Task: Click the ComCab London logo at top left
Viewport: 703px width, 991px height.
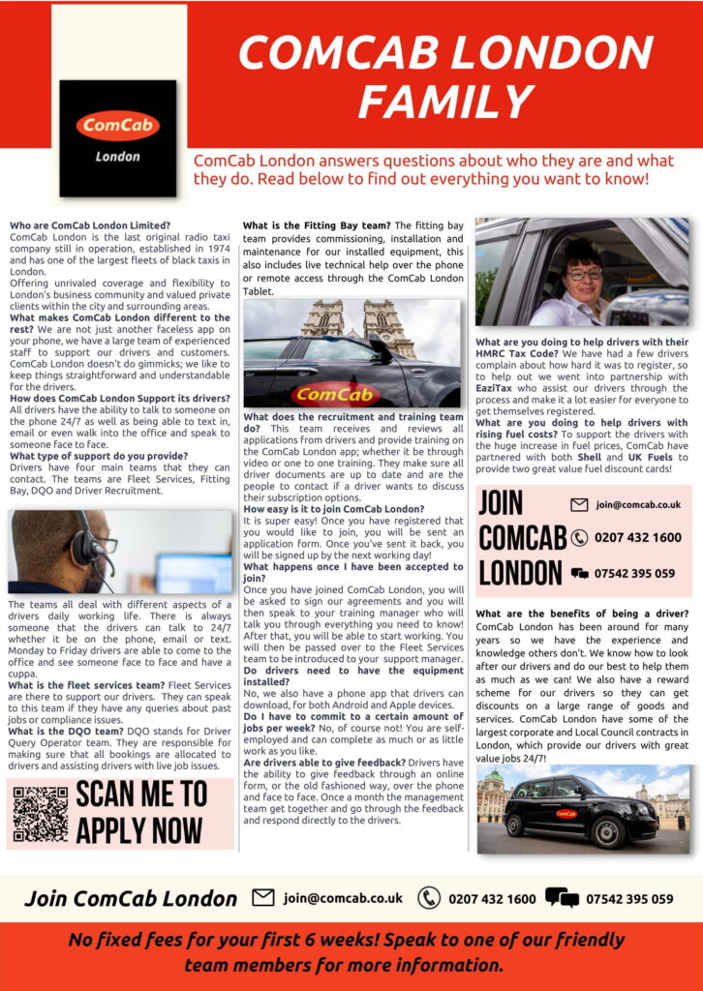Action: tap(117, 137)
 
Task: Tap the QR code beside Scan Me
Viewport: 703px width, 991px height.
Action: tap(40, 813)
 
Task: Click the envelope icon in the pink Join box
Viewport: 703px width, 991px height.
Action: tap(579, 504)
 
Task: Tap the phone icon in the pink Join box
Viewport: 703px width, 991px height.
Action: tap(579, 538)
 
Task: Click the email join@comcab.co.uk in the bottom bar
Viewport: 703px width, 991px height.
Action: tap(343, 898)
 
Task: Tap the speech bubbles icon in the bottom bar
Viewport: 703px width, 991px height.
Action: tap(562, 898)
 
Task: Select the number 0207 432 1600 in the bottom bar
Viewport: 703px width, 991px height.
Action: tap(491, 899)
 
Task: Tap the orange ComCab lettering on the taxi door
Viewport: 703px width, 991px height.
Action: tap(330, 394)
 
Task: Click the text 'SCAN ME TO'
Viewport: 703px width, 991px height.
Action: tap(141, 795)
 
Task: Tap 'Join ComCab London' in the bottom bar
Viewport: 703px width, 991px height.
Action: tap(131, 899)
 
